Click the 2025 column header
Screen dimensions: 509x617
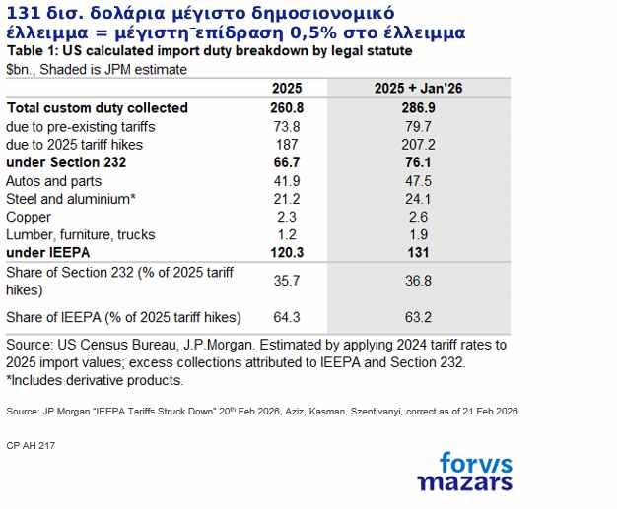click(286, 88)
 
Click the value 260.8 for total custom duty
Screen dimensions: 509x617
click(286, 108)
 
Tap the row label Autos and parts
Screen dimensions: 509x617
click(53, 181)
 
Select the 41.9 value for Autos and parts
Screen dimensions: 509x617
click(286, 181)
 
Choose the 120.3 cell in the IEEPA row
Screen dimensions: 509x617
click(286, 252)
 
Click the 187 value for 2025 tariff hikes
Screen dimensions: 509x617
click(286, 145)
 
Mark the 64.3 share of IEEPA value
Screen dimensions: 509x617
click(286, 317)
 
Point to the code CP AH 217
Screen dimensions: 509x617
click(31, 446)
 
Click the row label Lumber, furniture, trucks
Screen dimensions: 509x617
click(80, 234)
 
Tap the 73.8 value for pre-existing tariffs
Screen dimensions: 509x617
click(286, 127)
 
